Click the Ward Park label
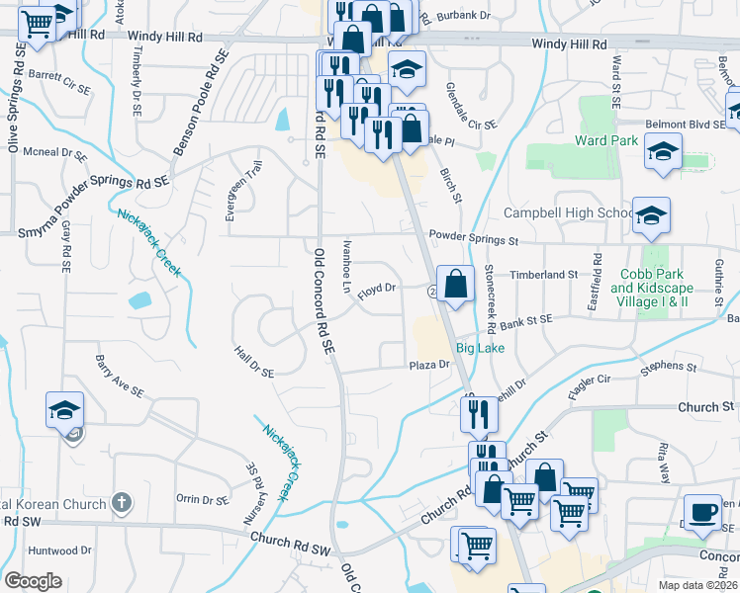[x=606, y=141]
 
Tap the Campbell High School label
[x=568, y=213]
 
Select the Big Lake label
[x=481, y=349]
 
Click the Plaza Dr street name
[x=430, y=365]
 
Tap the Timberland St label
[x=544, y=274]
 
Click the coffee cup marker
[x=702, y=512]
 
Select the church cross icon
[x=121, y=503]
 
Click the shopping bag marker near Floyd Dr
[x=454, y=284]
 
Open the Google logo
[x=33, y=581]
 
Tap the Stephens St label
[x=662, y=368]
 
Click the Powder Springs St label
[x=474, y=239]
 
